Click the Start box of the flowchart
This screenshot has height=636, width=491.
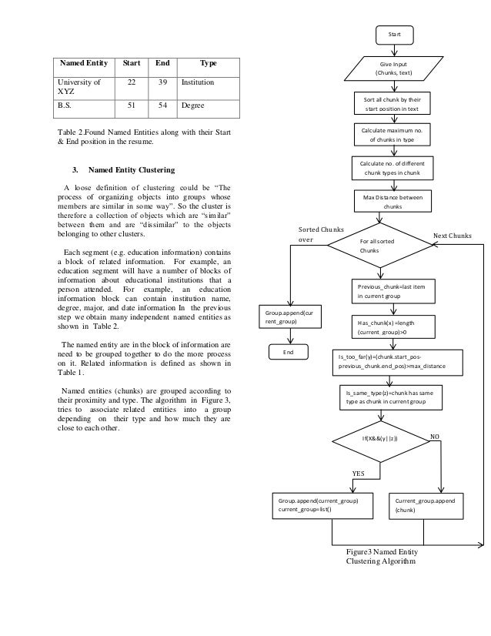coord(393,34)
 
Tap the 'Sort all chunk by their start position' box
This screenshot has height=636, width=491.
coord(393,104)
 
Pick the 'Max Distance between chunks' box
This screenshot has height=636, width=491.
coord(393,203)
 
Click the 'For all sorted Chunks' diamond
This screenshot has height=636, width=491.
coord(379,246)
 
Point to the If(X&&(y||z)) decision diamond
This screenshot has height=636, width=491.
coord(380,437)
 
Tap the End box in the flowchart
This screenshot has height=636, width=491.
coord(289,353)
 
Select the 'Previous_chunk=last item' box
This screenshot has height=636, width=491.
coord(392,290)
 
